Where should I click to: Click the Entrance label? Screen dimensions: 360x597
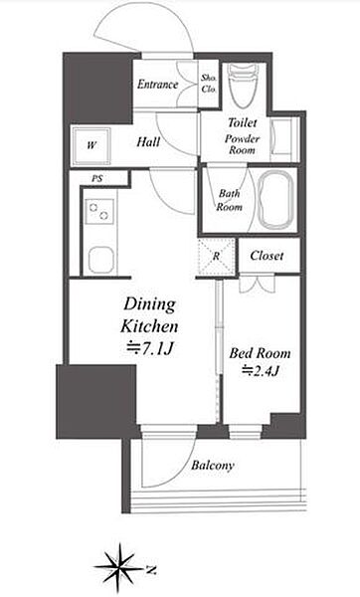(157, 85)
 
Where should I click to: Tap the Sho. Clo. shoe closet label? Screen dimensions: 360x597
(209, 84)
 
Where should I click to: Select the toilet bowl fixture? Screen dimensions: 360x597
(244, 86)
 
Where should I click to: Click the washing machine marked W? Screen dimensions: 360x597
(91, 146)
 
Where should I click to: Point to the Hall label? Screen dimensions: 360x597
(148, 142)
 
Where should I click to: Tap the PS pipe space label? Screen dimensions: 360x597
(97, 178)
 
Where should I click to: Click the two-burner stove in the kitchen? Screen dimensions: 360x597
(99, 211)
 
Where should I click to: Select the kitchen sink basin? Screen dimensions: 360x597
(100, 260)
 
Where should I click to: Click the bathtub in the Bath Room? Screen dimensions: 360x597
(275, 199)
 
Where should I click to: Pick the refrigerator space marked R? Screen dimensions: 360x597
(216, 257)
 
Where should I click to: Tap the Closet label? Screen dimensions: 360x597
(267, 256)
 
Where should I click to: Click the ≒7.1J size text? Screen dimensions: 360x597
(150, 348)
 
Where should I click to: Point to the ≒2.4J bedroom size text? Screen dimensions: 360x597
(262, 370)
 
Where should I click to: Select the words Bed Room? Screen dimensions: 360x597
(260, 353)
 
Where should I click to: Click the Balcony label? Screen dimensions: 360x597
(213, 466)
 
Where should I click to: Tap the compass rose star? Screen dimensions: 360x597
(120, 568)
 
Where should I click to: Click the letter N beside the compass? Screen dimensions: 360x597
(152, 570)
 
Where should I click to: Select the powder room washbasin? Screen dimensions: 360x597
(281, 137)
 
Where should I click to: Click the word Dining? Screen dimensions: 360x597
(149, 305)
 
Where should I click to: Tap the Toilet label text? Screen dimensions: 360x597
(243, 122)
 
